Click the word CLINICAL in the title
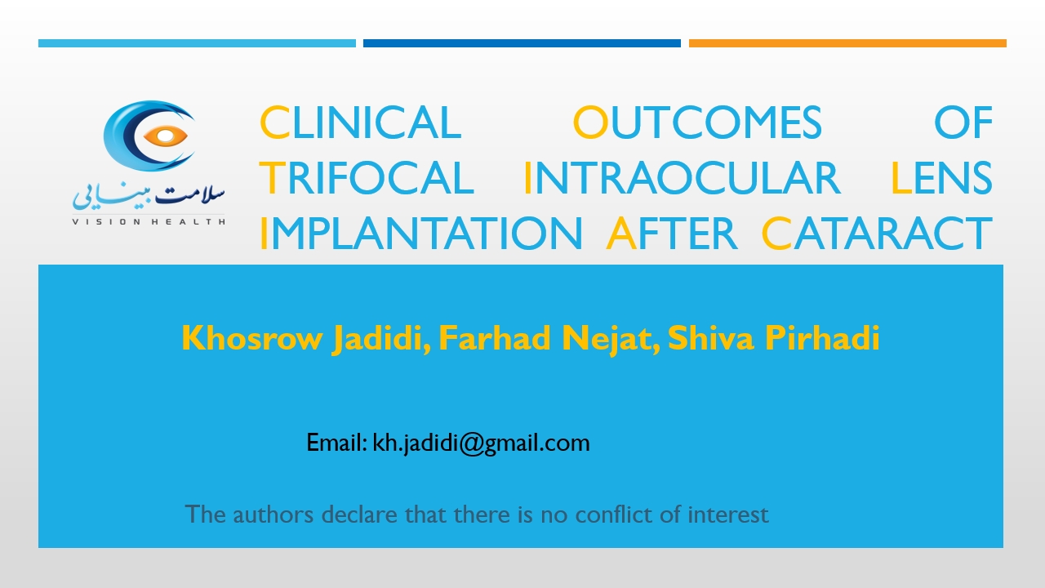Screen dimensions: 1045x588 [360, 122]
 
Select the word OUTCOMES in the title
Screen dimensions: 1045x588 [697, 122]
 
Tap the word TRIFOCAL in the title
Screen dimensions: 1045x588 [367, 178]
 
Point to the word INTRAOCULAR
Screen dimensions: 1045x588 [682, 178]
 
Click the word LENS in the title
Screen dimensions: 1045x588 [942, 178]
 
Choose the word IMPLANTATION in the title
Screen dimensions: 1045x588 [420, 234]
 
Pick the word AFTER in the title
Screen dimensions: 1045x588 [671, 234]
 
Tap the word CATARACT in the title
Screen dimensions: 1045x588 [877, 234]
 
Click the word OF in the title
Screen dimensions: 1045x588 [963, 122]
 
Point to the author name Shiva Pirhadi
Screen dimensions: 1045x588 [774, 337]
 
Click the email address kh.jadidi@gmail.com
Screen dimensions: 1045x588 [481, 443]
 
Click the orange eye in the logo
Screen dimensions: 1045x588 [166, 136]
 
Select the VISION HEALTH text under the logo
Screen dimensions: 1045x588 [149, 221]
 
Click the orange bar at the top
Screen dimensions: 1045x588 [847, 43]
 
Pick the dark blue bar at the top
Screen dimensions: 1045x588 [522, 43]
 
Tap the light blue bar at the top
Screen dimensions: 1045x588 [197, 43]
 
